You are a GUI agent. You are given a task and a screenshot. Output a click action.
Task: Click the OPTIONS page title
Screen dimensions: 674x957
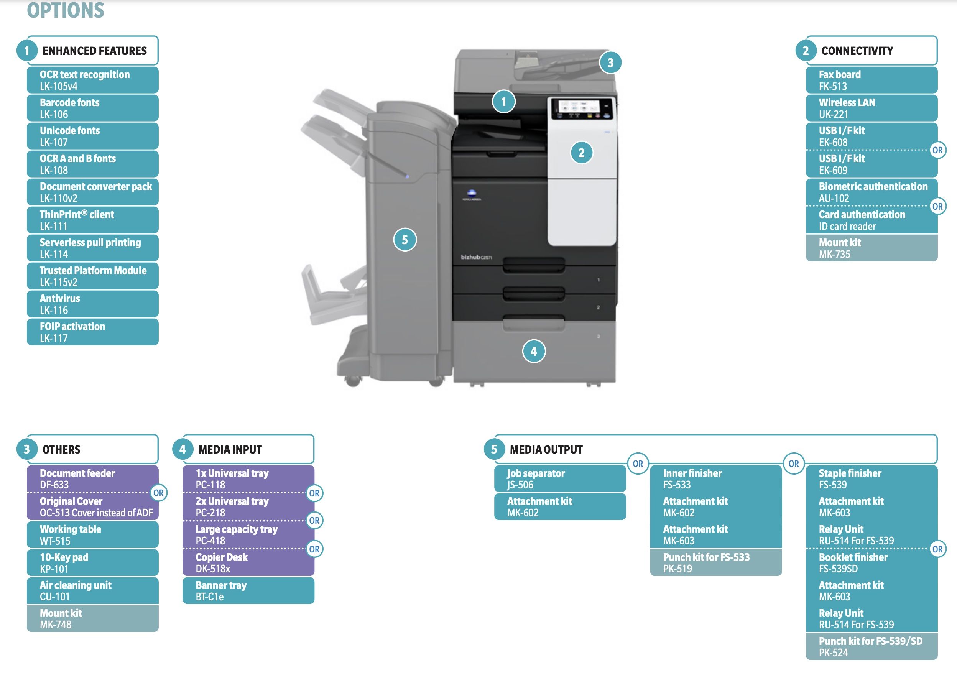tap(66, 10)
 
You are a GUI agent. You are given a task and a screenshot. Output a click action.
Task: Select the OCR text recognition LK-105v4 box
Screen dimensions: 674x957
tap(92, 80)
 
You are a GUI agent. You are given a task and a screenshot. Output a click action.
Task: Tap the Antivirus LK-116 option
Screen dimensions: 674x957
tap(92, 304)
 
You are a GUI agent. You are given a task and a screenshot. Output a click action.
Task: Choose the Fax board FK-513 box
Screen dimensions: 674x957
tap(871, 80)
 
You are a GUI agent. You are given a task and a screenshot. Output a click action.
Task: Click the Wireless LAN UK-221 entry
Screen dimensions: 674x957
tap(871, 108)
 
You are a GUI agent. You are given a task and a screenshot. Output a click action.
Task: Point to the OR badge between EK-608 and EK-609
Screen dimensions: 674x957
tap(937, 150)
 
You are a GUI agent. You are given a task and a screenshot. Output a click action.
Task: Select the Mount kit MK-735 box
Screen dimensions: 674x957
tap(871, 248)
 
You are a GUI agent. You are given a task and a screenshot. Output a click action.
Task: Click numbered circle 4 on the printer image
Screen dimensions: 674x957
tap(533, 352)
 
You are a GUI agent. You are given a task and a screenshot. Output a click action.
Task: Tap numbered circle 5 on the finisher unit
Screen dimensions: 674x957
tap(405, 240)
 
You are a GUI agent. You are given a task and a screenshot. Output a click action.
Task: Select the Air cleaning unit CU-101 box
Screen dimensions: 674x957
tap(92, 591)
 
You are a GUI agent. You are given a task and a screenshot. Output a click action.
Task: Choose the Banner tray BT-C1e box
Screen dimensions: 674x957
tap(248, 591)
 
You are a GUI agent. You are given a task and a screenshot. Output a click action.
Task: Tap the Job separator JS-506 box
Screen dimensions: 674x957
tap(560, 478)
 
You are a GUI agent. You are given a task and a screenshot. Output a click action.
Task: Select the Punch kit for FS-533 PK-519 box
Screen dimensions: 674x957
tap(716, 563)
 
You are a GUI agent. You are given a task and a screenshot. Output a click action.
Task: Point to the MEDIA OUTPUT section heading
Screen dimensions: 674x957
tap(546, 449)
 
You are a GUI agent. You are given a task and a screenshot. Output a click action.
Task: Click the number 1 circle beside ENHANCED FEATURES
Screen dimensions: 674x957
tap(27, 51)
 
